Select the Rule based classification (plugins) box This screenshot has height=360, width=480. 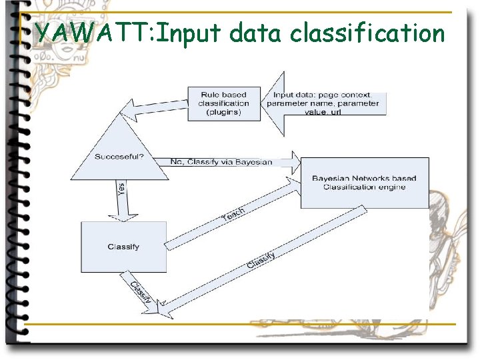pos(225,103)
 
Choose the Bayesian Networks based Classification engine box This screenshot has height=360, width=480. pos(364,183)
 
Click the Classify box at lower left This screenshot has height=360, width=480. pos(123,247)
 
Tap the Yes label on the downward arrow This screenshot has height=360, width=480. pos(121,190)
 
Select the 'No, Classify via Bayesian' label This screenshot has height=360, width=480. pos(221,162)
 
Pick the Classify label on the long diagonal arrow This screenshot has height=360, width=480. pos(261,259)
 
